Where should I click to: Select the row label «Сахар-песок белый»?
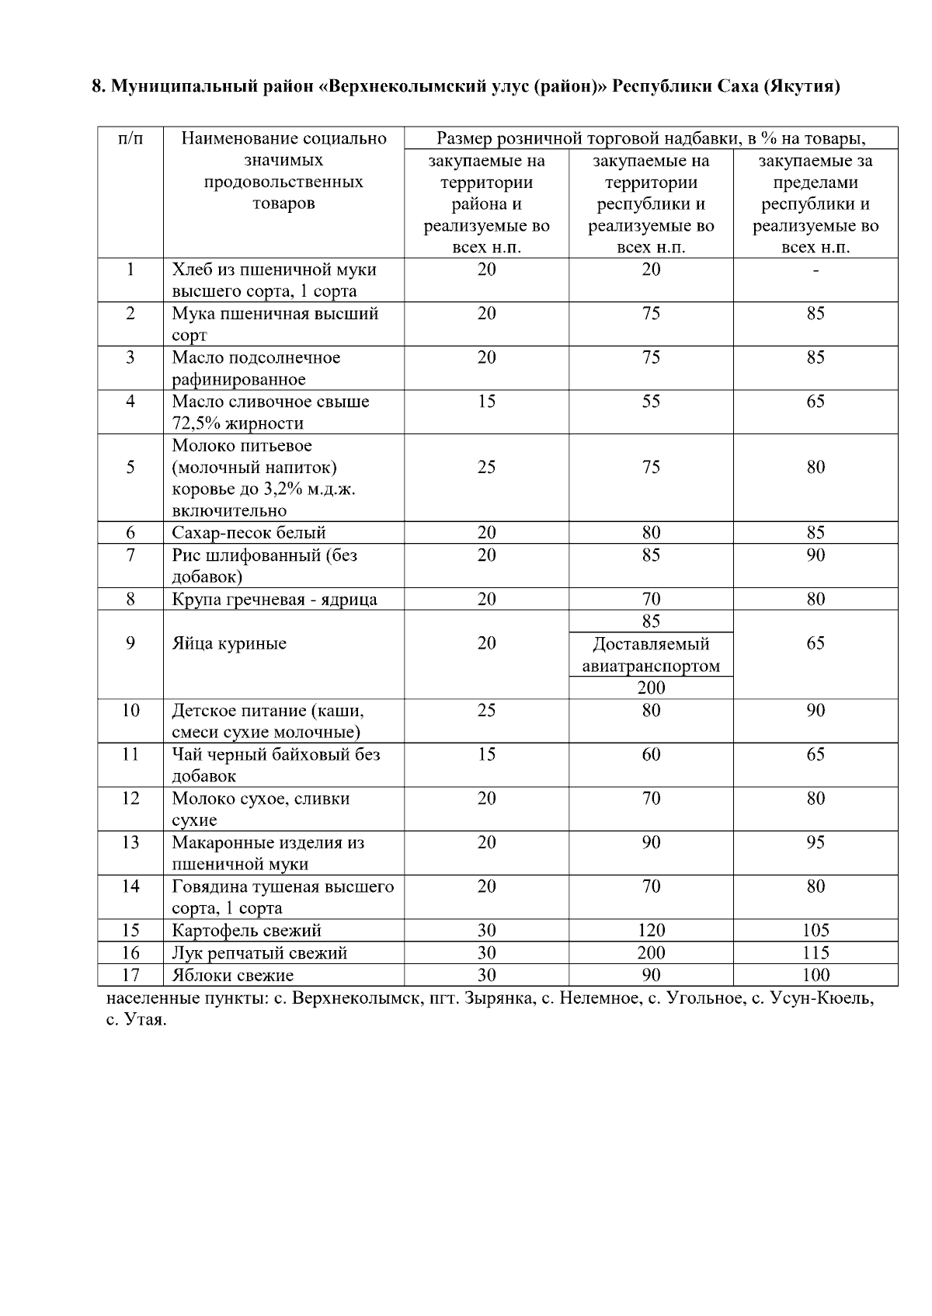(x=249, y=533)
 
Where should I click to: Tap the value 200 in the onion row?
(x=651, y=952)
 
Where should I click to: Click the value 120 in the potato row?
(x=651, y=930)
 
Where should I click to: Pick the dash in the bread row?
(x=815, y=270)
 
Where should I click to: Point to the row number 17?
(x=130, y=975)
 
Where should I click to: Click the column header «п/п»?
(x=130, y=139)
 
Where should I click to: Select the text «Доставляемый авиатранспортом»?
(x=651, y=655)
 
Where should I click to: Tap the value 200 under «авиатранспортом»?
(x=651, y=688)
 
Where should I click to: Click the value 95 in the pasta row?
(x=815, y=842)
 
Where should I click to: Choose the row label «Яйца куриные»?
(x=229, y=643)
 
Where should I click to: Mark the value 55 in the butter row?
(x=651, y=402)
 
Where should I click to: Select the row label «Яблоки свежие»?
(x=233, y=975)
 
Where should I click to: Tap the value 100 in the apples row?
(x=815, y=975)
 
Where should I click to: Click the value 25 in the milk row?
(x=486, y=467)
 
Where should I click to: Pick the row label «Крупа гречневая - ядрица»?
(x=274, y=599)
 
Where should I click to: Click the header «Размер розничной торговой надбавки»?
(x=590, y=139)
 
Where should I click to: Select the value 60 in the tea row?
(x=651, y=754)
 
